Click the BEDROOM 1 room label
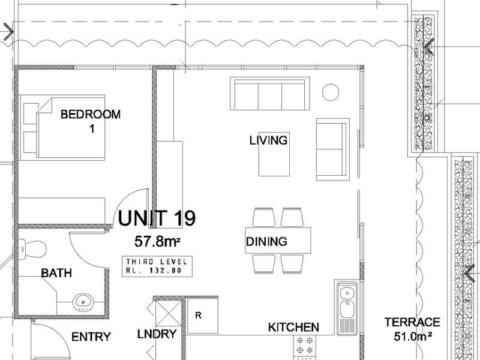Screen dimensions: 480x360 (x=91, y=121)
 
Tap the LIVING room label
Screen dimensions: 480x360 (x=268, y=140)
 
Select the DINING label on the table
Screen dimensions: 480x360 (x=266, y=242)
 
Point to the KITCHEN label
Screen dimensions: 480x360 (x=293, y=327)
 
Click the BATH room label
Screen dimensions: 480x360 (x=56, y=273)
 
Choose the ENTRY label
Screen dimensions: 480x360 (x=91, y=337)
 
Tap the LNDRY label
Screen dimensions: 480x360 (x=157, y=334)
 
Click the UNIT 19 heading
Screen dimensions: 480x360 (x=157, y=218)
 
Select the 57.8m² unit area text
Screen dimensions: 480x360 (x=157, y=242)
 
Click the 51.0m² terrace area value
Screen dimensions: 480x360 (x=413, y=337)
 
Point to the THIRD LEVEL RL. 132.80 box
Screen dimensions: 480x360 (x=157, y=266)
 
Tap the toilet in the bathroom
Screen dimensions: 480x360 (x=32, y=250)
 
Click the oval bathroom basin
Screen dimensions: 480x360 (x=83, y=302)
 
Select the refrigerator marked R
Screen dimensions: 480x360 (x=202, y=316)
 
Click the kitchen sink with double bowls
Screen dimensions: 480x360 (x=347, y=308)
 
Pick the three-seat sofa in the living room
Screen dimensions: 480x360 (x=269, y=94)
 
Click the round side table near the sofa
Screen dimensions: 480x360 (x=331, y=92)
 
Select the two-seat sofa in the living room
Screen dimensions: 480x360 (x=333, y=149)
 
